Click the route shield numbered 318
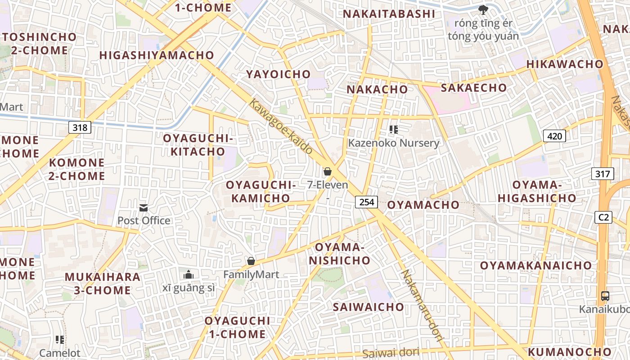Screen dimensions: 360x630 pos(80,127)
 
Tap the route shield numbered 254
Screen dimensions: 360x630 pos(367,202)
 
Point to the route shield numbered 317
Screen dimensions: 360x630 pos(602,174)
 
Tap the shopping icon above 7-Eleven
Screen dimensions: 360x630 pos(328,171)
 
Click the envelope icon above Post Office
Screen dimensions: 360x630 pos(144,207)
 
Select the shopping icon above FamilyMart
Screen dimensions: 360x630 pos(251,261)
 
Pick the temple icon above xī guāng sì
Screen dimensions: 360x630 pos(189,274)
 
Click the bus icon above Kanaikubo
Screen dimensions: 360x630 pos(605,296)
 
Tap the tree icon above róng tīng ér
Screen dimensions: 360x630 pos(483,9)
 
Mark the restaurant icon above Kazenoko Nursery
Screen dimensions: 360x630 pos(394,130)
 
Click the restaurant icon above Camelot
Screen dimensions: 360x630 pos(59,339)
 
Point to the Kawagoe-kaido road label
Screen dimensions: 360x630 pos(281,126)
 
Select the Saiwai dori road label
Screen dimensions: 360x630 pos(391,353)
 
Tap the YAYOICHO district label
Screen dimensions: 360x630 pos(278,74)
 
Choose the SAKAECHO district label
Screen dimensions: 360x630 pos(473,88)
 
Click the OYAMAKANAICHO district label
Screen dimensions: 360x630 pos(535,265)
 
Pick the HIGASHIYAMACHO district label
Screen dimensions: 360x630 pos(157,55)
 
